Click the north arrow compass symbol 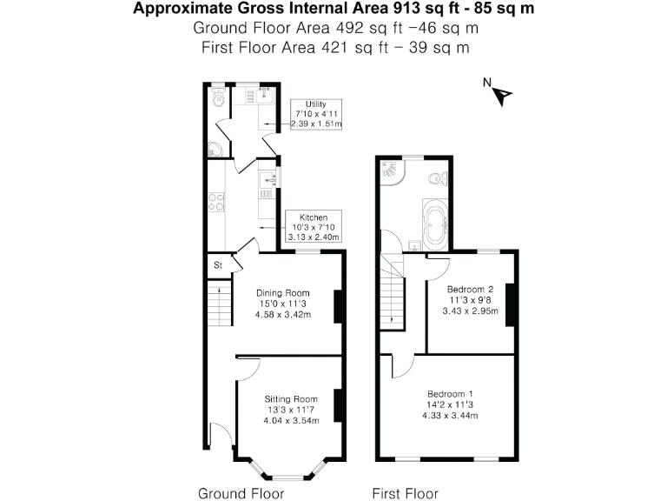click(x=499, y=90)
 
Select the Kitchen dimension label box click(x=314, y=226)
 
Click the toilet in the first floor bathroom click(x=438, y=179)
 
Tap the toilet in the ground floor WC click(x=218, y=97)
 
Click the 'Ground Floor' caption click(x=241, y=493)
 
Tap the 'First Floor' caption click(x=405, y=493)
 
